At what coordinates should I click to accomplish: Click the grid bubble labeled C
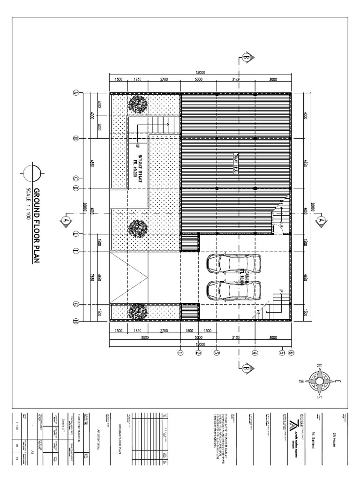tap(75, 179)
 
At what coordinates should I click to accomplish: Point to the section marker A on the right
tap(321, 219)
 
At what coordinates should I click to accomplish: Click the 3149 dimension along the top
tap(235, 80)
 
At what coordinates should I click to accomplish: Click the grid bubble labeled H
tap(75, 321)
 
